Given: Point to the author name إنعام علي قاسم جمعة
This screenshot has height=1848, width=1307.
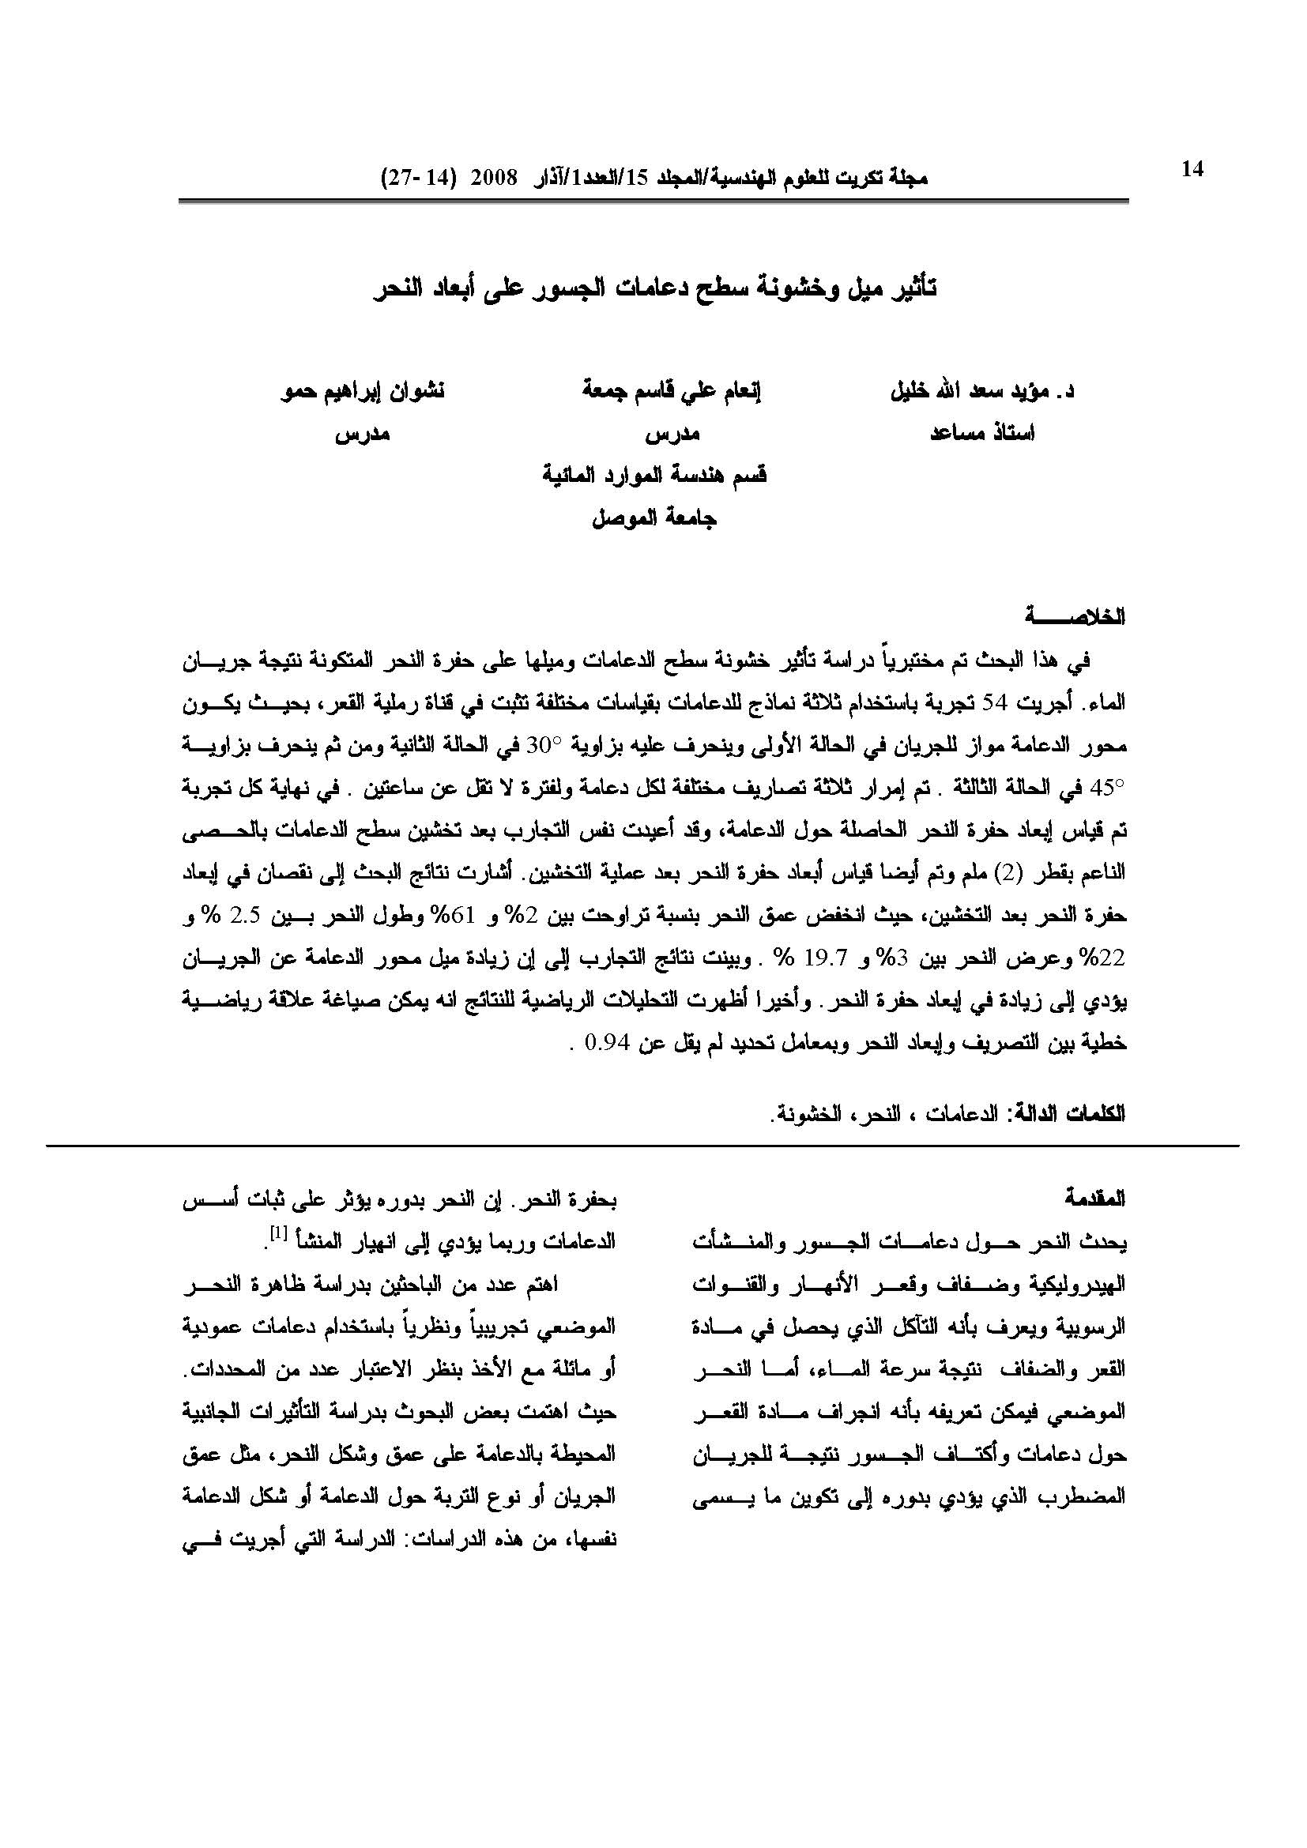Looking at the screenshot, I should [x=672, y=392].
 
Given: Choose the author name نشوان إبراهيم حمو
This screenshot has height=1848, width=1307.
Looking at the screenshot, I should [x=361, y=392].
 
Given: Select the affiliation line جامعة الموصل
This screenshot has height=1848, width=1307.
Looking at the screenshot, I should [x=654, y=519].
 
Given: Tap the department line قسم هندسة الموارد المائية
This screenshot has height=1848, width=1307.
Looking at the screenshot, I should [x=654, y=476].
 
